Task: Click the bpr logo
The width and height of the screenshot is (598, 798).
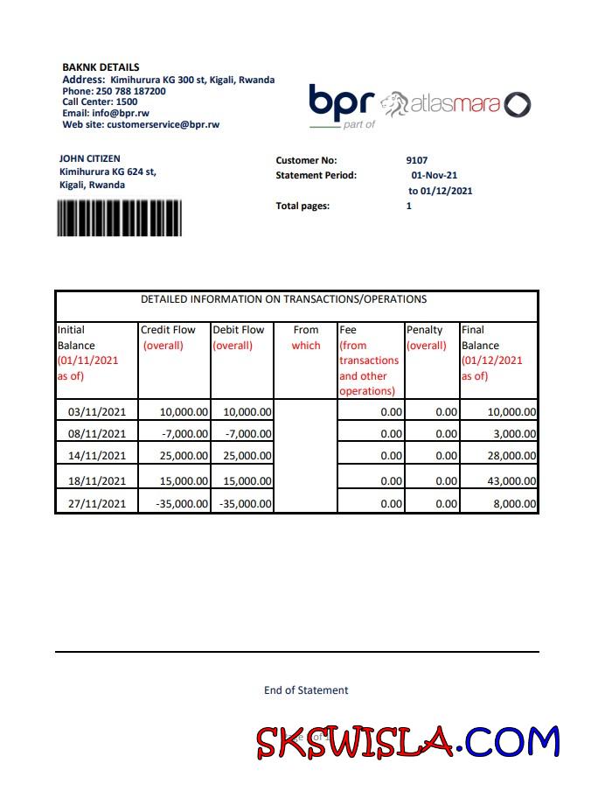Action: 341,104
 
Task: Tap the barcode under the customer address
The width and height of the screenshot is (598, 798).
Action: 119,218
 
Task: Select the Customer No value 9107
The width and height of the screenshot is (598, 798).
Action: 417,160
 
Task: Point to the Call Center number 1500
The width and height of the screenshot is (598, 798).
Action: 127,101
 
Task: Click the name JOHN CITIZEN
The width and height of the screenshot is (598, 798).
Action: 90,158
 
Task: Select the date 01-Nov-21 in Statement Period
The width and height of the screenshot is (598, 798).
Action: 435,175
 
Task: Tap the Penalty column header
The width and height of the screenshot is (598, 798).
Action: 425,330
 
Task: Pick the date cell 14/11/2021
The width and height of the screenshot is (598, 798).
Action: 97,456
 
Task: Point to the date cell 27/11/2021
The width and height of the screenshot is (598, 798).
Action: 97,504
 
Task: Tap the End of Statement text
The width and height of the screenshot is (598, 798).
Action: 306,690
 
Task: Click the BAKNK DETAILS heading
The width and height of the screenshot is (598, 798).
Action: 101,67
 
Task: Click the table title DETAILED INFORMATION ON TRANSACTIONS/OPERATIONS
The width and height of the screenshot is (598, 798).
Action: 284,299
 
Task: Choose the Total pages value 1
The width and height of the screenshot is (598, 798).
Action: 409,206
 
